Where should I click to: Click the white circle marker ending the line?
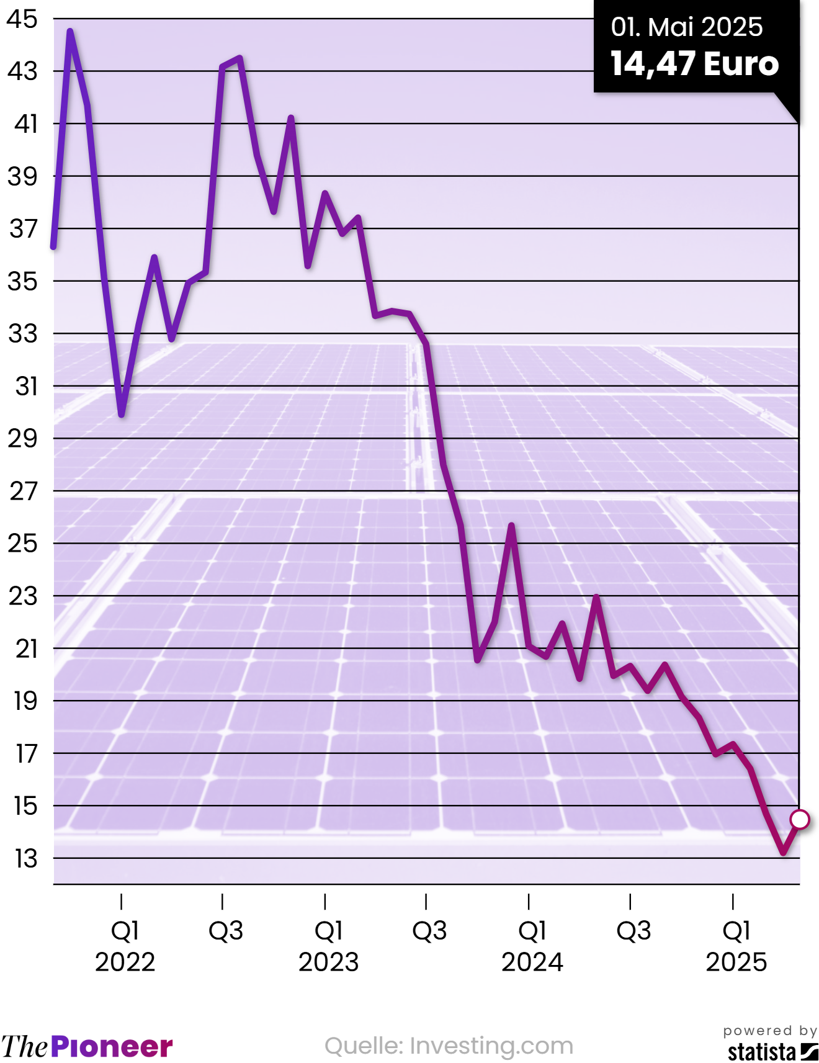(800, 820)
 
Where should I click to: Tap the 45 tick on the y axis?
(22, 19)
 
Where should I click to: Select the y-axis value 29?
(22, 439)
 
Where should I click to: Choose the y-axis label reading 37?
(24, 229)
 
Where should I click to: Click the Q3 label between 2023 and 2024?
(429, 931)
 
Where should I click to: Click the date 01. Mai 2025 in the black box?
(686, 27)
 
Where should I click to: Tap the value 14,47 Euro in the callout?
(694, 63)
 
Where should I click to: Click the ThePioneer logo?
(86, 1046)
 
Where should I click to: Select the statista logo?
(772, 1052)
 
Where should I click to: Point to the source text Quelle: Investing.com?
(449, 1046)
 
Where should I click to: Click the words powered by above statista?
(770, 1031)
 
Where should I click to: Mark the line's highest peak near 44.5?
(70, 31)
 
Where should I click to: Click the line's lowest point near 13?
(783, 853)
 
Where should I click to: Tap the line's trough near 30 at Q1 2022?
(122, 414)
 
